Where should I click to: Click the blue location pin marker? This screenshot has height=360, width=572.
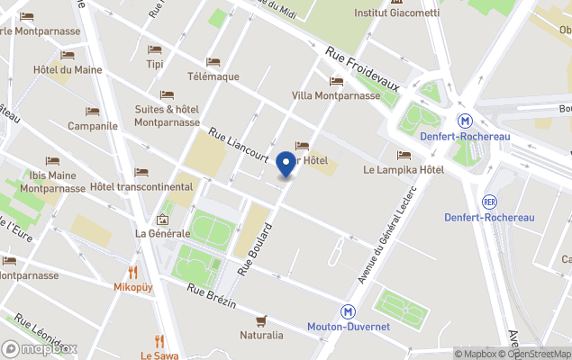286,165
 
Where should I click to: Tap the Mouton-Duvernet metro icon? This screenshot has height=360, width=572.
348,311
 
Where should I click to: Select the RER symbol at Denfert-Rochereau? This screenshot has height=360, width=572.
489,201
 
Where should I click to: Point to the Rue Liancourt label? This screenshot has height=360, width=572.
239,143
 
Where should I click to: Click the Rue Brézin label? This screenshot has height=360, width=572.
213,296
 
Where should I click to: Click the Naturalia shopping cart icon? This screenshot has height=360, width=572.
261,320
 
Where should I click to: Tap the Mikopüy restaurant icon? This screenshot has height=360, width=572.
133,272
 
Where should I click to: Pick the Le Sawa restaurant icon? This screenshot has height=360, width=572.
159,341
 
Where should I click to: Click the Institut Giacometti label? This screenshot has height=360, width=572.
396,13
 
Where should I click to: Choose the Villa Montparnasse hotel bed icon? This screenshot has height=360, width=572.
335,81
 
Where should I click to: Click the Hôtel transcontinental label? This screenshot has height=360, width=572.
141,187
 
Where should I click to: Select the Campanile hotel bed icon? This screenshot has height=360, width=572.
93,112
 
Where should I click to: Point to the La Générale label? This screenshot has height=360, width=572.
163,233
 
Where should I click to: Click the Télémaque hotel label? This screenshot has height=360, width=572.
213,76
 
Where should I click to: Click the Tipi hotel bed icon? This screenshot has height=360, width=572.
155,49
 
